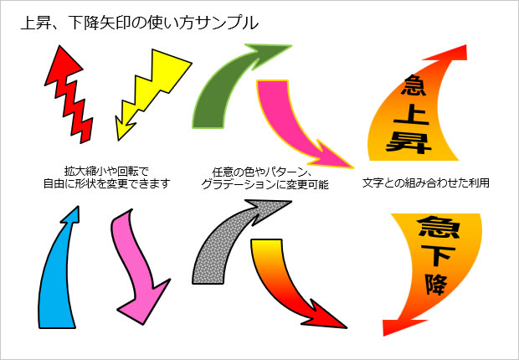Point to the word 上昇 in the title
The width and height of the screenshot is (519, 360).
coord(38,23)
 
